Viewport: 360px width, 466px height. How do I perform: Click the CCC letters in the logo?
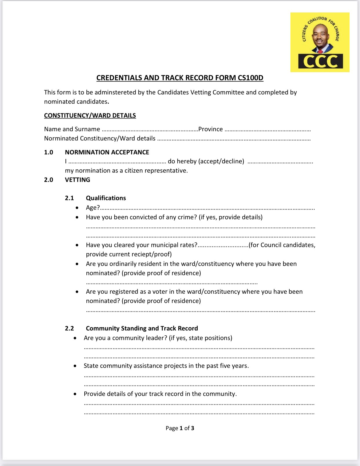[320, 61]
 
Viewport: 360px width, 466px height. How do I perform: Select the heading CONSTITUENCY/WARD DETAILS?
[90, 116]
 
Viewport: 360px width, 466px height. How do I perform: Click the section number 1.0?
[48, 152]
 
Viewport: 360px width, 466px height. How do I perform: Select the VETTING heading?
[77, 180]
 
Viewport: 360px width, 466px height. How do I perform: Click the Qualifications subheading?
[106, 198]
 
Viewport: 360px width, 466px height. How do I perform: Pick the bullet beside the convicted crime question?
[77, 217]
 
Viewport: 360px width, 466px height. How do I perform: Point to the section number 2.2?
[69, 328]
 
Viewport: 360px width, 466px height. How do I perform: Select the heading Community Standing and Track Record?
[142, 328]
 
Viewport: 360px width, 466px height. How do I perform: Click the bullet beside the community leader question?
[75, 338]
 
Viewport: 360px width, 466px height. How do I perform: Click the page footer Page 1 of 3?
[180, 428]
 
